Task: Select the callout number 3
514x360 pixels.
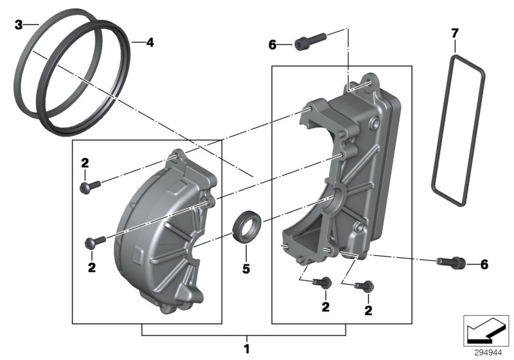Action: [x=19, y=25]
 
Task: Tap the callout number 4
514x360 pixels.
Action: [x=150, y=43]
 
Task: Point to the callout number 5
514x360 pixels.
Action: [x=245, y=268]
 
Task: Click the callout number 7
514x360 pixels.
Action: [x=455, y=32]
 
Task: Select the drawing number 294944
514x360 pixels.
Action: [x=488, y=352]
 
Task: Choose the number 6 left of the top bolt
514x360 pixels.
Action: [x=272, y=44]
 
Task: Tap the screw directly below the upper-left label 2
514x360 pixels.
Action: [x=90, y=186]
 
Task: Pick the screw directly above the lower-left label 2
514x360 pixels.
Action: [x=94, y=242]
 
